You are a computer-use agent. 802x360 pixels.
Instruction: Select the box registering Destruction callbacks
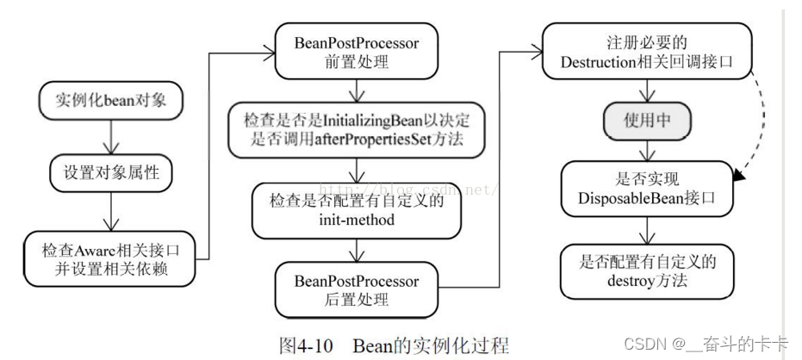tap(645, 50)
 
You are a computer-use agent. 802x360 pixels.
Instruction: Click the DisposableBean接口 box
tap(645, 188)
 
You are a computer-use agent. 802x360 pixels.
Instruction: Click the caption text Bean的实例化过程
tap(431, 345)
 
